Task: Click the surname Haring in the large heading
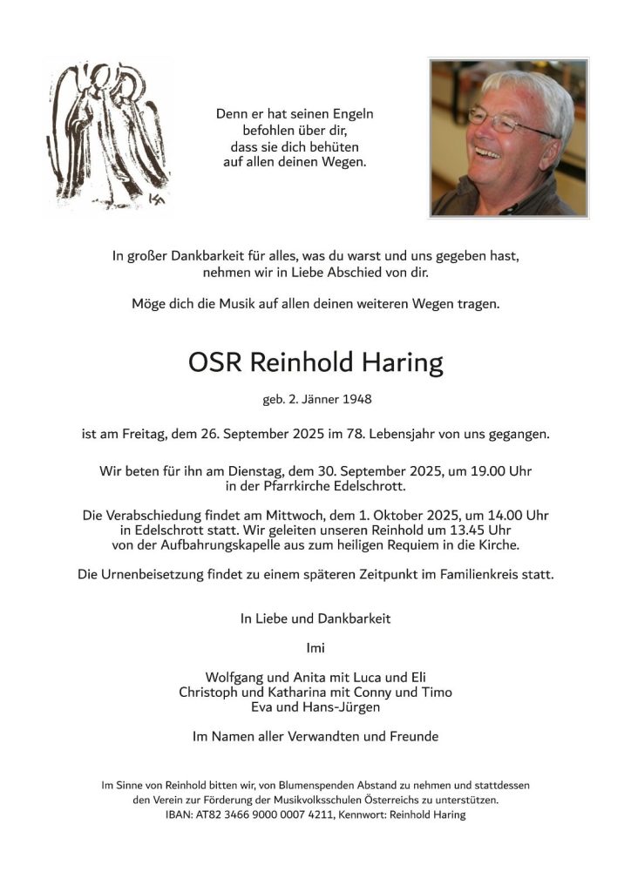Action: click(x=400, y=363)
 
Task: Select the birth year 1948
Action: click(x=356, y=401)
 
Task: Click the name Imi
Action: click(x=315, y=648)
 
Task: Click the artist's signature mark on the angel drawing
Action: click(x=157, y=199)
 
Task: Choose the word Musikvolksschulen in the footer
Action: click(x=351, y=800)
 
